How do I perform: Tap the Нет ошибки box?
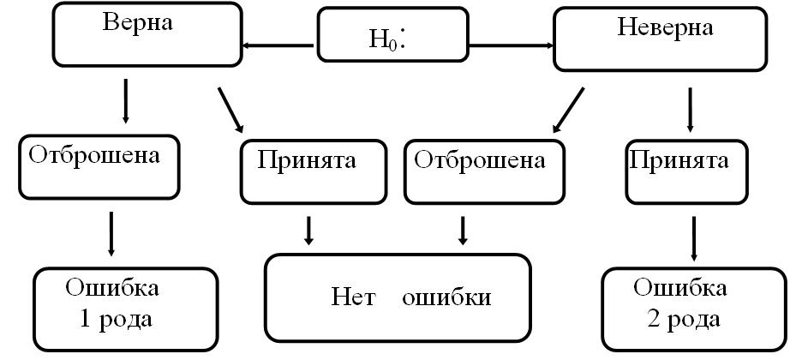tap(410, 297)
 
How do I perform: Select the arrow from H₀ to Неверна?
tap(512, 45)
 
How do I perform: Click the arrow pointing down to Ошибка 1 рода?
tap(111, 233)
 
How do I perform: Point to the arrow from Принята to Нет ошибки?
tap(308, 229)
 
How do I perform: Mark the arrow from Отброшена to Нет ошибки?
tap(464, 229)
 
